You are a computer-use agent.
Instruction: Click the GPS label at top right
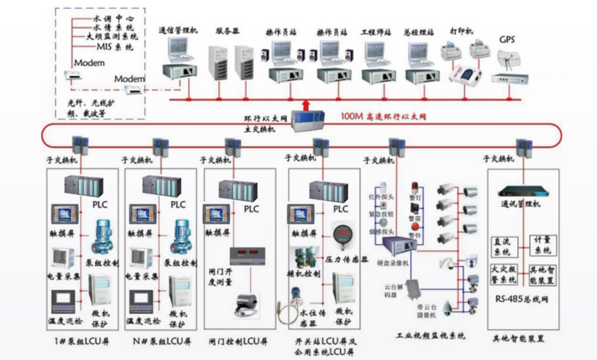tap(507, 40)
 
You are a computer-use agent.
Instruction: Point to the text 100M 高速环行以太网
tap(384, 117)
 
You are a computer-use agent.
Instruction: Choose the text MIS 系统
tap(115, 47)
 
